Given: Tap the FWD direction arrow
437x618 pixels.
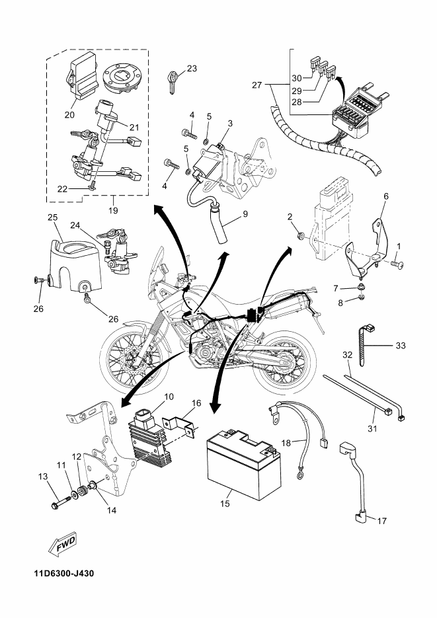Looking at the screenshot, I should click(63, 546).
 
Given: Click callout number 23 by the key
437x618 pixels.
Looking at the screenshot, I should click(192, 68).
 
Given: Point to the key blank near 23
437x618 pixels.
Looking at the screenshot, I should click(173, 83).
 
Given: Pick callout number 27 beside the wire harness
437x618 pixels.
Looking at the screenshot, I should click(257, 85).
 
